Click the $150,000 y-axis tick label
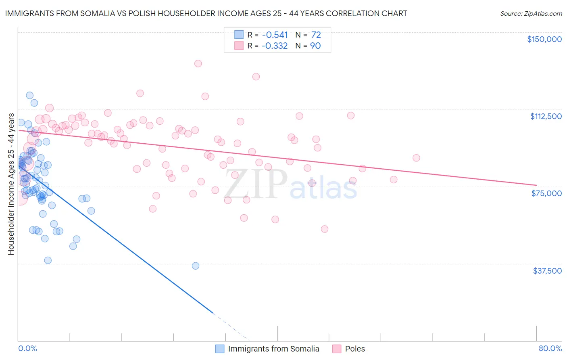[544, 39]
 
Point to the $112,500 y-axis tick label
[546, 116]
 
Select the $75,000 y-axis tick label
[546, 193]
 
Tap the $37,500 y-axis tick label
[547, 271]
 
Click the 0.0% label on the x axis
[27, 348]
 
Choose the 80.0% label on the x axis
[550, 348]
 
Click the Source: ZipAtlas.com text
[531, 13]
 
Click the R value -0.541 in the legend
[275, 35]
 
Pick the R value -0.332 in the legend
[275, 46]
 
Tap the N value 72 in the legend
[316, 35]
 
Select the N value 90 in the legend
[315, 46]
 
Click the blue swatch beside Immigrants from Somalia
[220, 349]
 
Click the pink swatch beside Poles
[337, 349]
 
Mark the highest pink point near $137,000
[198, 63]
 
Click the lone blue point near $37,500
[196, 266]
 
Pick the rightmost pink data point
[416, 158]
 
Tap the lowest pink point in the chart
[325, 229]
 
